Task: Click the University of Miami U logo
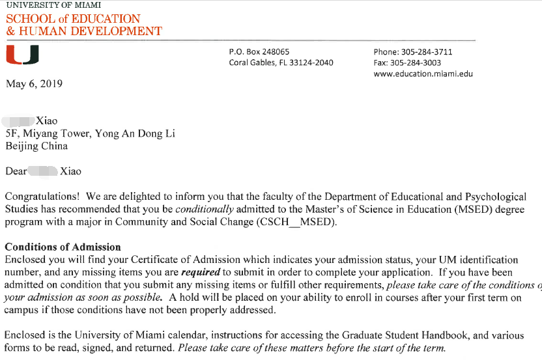(x=22, y=56)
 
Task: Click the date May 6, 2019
(x=34, y=84)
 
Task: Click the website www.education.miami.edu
(x=423, y=74)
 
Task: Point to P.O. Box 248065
(x=259, y=52)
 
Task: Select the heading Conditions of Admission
(x=63, y=247)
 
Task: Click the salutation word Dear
(x=16, y=171)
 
